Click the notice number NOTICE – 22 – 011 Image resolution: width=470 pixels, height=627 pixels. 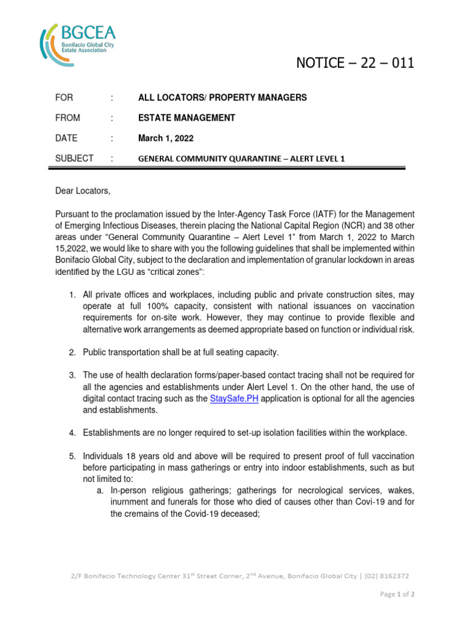(355, 63)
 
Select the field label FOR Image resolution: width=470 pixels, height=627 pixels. (64, 98)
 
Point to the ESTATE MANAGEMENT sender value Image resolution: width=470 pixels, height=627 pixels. (187, 118)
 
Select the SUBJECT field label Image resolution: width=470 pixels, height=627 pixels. (75, 159)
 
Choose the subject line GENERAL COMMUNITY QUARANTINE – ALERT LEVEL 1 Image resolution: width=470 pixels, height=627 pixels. (242, 159)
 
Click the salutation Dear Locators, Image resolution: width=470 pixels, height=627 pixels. (83, 192)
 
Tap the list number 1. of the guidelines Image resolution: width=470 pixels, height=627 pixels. (72, 296)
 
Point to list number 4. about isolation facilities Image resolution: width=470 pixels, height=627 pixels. (72, 433)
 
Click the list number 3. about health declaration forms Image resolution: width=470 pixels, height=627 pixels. (72, 375)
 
